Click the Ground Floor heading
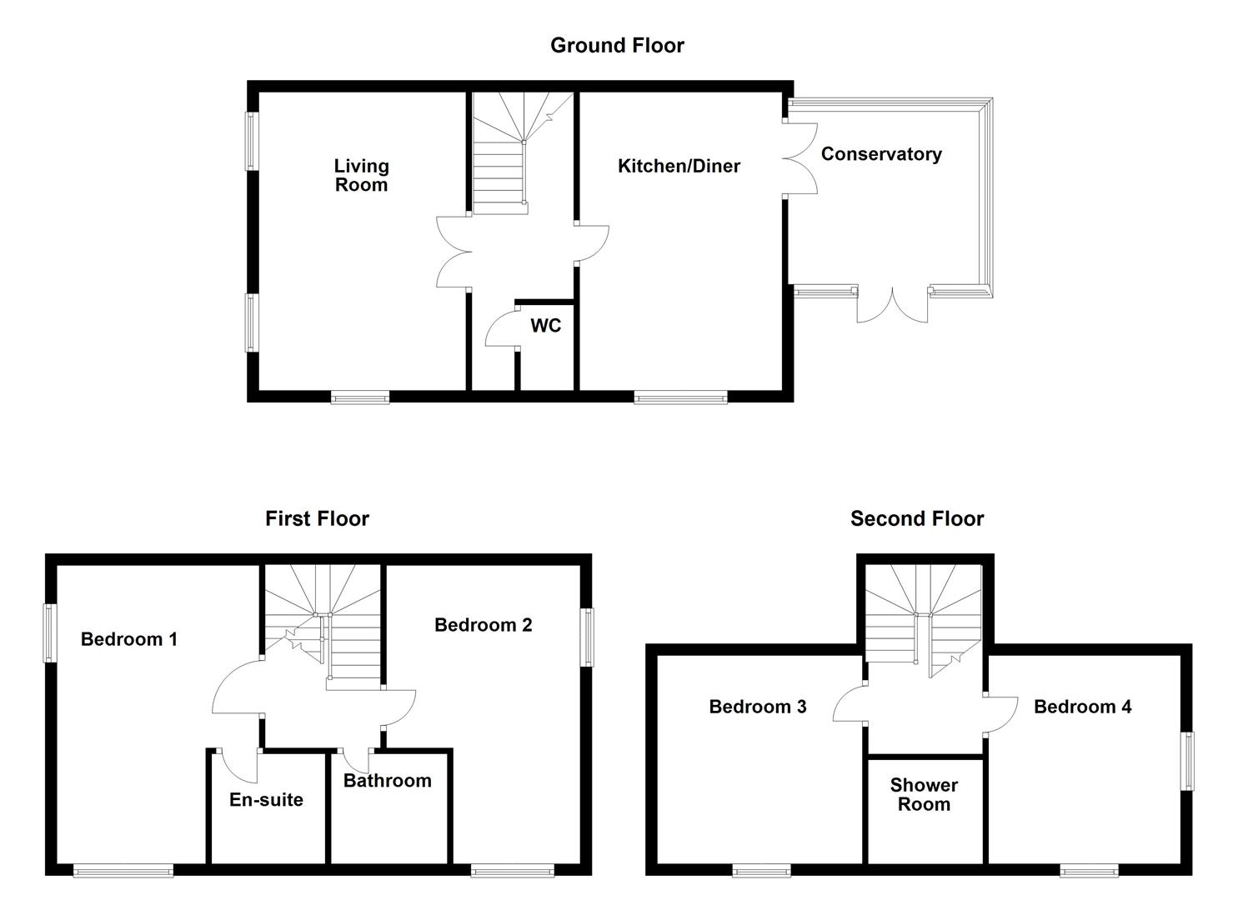617,45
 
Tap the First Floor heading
317,519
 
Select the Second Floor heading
917,519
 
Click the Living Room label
362,175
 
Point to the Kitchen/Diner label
679,166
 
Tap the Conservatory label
881,154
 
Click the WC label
545,326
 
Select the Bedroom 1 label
128,639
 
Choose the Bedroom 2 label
483,625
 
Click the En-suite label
267,799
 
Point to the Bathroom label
387,781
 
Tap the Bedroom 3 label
758,707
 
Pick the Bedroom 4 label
1083,707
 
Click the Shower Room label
924,794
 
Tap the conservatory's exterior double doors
892,306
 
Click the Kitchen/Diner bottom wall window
680,397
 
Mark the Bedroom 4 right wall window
1188,762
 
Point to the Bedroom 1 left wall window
50,633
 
